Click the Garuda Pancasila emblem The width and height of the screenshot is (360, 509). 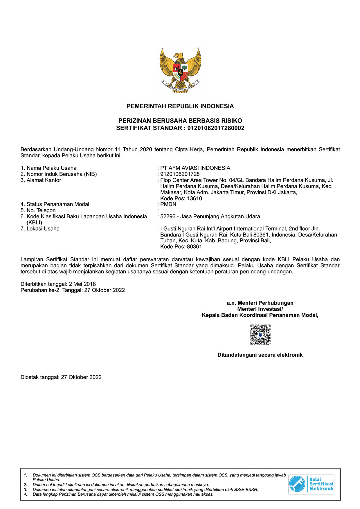pos(180,70)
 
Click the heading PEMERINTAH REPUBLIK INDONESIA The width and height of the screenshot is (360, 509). pos(180,106)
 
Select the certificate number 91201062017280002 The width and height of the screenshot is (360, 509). pos(216,128)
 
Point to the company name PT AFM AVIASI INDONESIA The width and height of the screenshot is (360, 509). pos(195,168)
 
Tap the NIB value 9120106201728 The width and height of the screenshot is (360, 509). pos(180,174)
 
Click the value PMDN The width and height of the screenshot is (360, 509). pos(168,204)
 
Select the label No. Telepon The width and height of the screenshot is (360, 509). pos(41,210)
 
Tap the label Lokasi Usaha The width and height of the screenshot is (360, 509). pos(43,229)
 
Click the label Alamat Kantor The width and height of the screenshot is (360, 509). pos(44,180)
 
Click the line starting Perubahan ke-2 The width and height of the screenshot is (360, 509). pos(73,290)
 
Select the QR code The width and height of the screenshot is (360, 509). pos(260,335)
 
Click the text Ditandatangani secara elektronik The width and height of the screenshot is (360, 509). pos(260,355)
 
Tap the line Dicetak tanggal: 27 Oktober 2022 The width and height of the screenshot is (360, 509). pos(61,377)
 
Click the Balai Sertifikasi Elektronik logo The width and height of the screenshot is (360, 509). pos(311,484)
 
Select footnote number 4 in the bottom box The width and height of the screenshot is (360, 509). pos(26,494)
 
